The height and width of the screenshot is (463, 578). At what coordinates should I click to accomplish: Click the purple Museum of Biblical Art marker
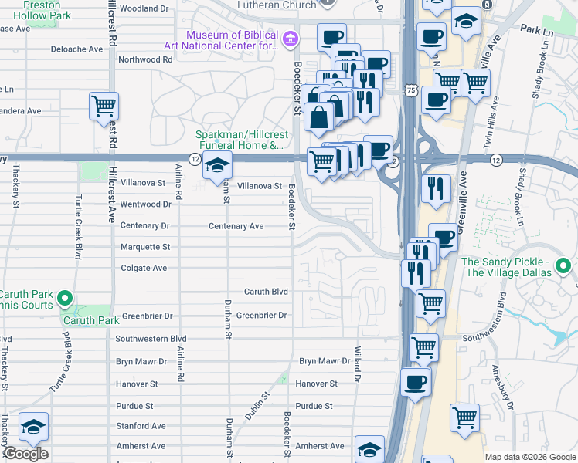click(290, 39)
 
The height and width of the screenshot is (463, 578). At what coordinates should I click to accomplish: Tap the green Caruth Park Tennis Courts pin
click(66, 299)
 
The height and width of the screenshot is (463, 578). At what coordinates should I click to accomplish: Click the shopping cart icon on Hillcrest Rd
click(104, 106)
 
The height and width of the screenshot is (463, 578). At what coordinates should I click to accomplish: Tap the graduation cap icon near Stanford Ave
click(34, 427)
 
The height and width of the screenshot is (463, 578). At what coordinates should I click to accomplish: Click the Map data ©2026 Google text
click(530, 457)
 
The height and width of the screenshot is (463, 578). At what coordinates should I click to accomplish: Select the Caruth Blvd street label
click(266, 292)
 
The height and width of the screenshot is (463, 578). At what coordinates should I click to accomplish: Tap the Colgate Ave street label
click(144, 269)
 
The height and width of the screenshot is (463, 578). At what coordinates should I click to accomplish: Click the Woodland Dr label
click(144, 8)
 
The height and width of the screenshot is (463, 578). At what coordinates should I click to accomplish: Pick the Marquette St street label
click(144, 247)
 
